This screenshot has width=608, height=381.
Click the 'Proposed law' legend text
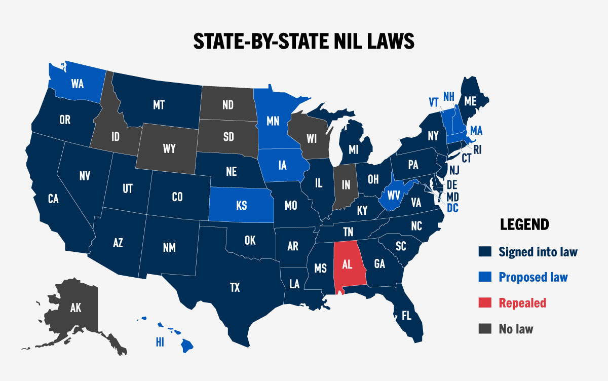pos(533,277)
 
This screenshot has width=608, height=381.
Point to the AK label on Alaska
pos(75,307)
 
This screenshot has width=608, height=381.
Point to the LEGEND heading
pos(524,224)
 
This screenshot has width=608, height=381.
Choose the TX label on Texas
pos(235,288)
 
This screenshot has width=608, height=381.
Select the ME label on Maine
pos(470,101)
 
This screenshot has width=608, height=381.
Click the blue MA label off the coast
pos(476,131)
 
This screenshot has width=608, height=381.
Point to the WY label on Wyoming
pos(169,148)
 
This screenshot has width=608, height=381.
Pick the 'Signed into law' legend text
pos(538,251)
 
